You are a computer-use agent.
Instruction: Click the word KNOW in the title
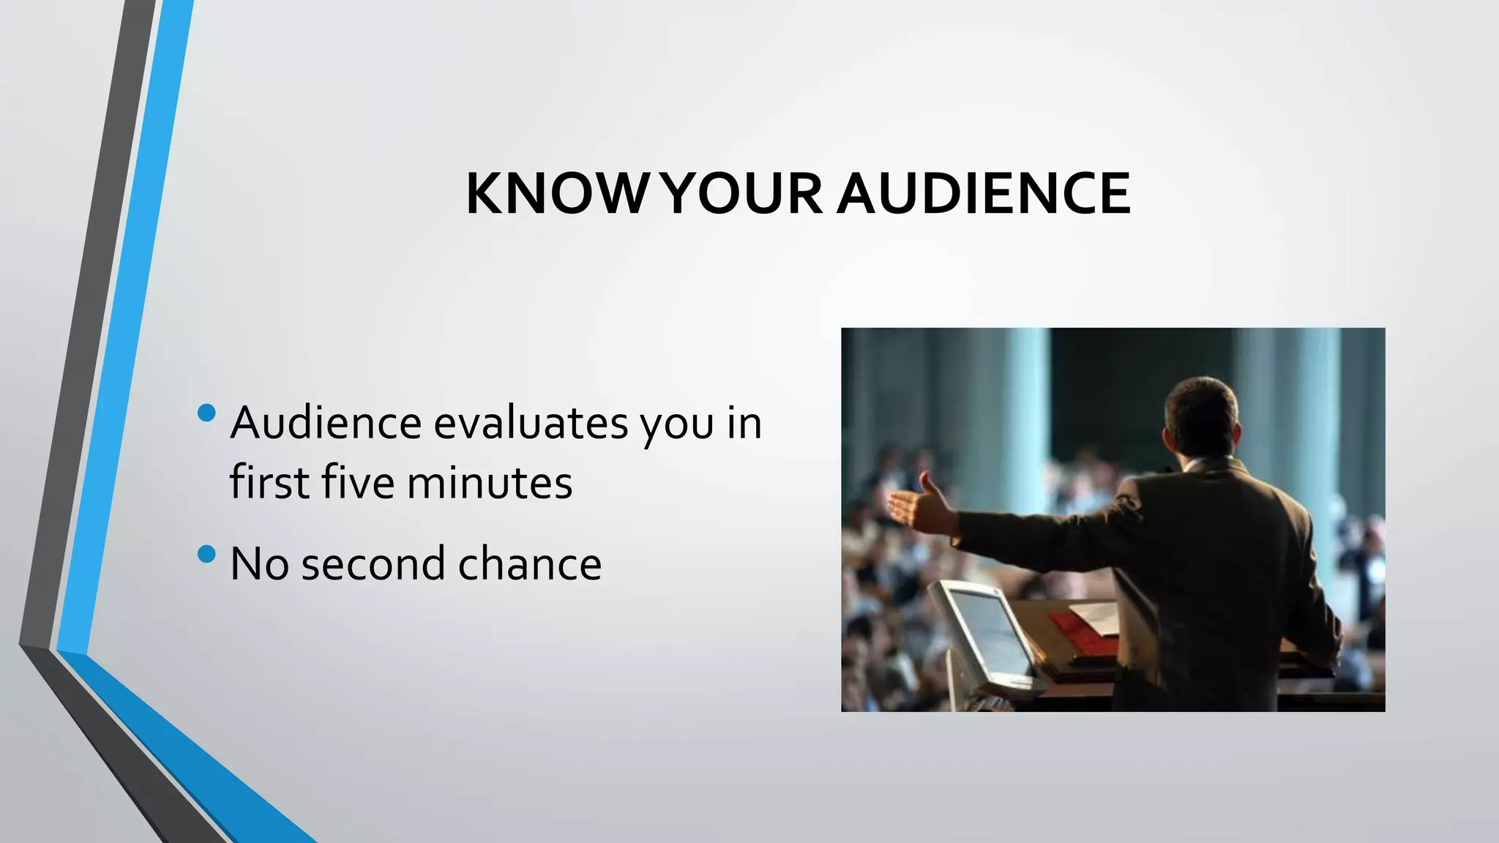(556, 195)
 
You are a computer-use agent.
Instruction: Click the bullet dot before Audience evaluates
(207, 413)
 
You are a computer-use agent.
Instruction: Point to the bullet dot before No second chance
(207, 554)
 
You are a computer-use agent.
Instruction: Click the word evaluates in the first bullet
(531, 424)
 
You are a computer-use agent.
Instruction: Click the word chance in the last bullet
(529, 564)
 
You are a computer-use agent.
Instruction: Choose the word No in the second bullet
(259, 564)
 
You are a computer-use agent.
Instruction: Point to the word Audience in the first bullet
(326, 424)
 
